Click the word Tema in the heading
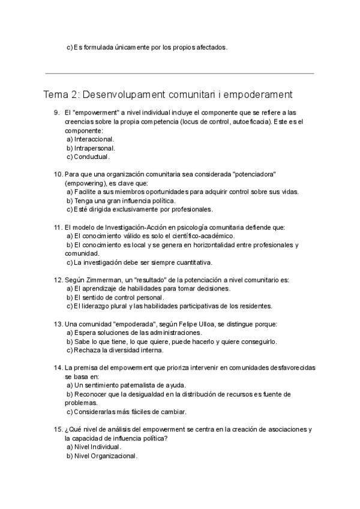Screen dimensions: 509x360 (x=56, y=95)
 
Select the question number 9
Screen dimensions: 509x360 (x=56, y=113)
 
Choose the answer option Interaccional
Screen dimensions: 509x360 (x=94, y=139)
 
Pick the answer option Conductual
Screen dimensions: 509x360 (x=91, y=157)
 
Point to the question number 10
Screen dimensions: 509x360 (x=58, y=174)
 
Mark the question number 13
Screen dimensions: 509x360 (x=58, y=324)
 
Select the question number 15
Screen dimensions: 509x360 (x=58, y=429)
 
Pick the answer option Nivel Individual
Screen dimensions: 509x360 (x=97, y=447)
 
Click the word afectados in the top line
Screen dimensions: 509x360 (x=209, y=47)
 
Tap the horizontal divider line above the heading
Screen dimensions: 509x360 (x=179, y=73)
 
